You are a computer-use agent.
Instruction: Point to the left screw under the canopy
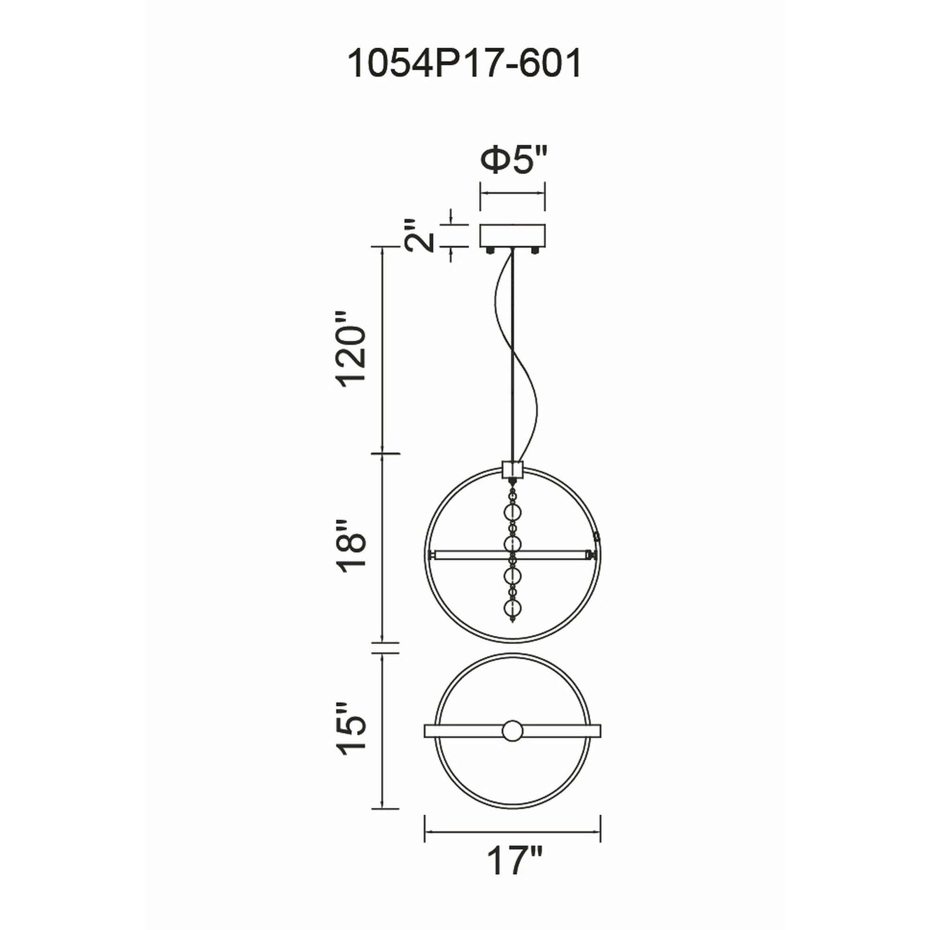click(491, 250)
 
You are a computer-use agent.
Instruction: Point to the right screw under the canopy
click(535, 250)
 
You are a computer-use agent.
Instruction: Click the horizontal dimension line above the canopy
click(512, 193)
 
